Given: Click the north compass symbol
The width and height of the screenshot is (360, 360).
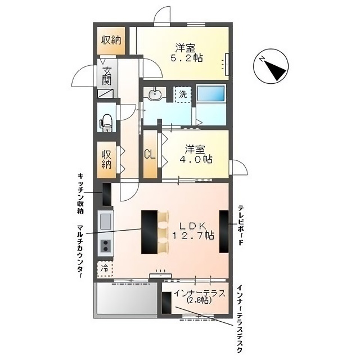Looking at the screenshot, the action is [271, 66].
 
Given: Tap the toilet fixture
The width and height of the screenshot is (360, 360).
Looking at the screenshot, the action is [106, 123].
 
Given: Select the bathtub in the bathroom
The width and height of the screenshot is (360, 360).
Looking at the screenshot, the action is [211, 93].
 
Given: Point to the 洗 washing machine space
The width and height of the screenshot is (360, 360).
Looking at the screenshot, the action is [183, 94].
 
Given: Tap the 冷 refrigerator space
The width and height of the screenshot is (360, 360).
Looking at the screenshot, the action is [105, 269].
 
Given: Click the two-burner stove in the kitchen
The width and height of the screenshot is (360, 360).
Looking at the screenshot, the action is [106, 246].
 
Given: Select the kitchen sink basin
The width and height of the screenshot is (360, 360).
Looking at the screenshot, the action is [106, 221].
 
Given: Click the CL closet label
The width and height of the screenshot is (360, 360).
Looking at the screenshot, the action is [150, 154].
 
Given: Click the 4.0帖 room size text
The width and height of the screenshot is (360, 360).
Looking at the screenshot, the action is [196, 159].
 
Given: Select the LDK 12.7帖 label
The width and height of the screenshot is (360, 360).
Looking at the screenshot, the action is [193, 231].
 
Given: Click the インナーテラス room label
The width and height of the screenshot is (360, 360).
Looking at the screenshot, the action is [199, 294].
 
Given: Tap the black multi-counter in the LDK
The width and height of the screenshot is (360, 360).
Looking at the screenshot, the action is [149, 232].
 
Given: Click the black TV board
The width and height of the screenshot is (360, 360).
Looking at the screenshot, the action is [224, 231].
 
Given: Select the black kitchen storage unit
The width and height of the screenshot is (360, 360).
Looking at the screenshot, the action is [107, 194].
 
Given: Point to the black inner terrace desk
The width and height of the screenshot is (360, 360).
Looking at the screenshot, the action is [166, 303].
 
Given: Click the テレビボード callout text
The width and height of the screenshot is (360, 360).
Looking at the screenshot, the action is [240, 225].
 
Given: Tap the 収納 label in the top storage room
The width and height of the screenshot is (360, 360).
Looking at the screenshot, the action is [111, 40].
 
